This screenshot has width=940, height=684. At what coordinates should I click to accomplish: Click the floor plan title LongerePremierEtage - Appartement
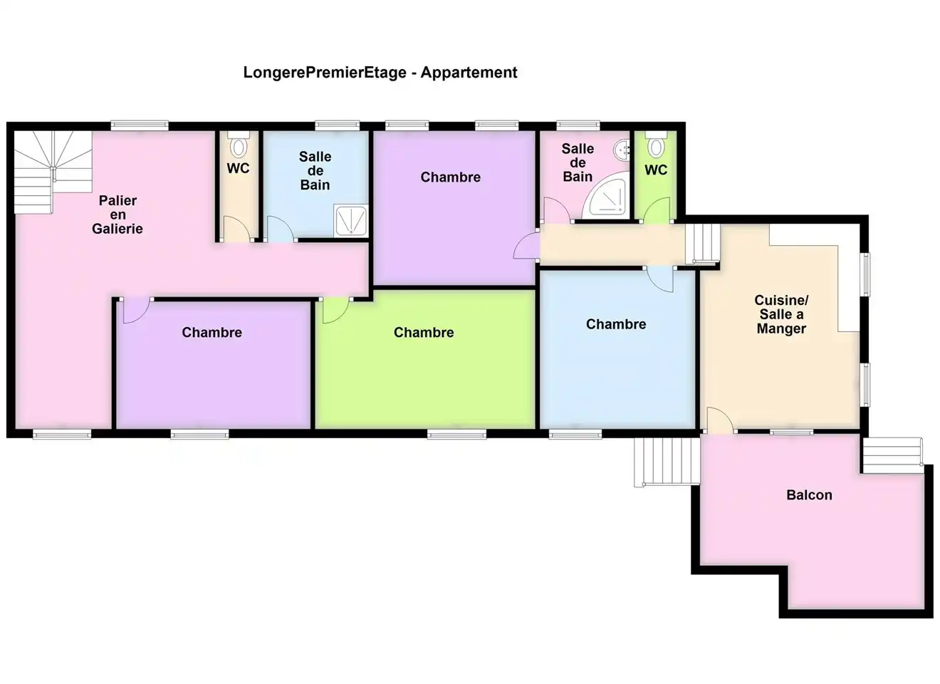pyautogui.click(x=380, y=72)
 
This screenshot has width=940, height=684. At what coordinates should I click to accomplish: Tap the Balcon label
pyautogui.click(x=809, y=495)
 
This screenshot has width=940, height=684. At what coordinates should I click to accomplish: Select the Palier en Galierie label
pyautogui.click(x=117, y=214)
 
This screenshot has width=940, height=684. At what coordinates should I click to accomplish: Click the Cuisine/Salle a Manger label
pyautogui.click(x=781, y=314)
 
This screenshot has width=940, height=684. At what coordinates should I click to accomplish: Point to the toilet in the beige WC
pyautogui.click(x=239, y=144)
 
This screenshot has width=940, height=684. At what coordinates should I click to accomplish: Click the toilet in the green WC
pyautogui.click(x=656, y=144)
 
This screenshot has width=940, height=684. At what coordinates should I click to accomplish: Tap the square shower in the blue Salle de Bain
pyautogui.click(x=351, y=221)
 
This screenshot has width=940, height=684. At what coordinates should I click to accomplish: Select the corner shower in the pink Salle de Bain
pyautogui.click(x=607, y=195)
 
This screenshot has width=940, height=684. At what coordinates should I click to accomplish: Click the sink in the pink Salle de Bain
pyautogui.click(x=622, y=150)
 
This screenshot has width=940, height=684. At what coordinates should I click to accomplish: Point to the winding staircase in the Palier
pyautogui.click(x=53, y=172)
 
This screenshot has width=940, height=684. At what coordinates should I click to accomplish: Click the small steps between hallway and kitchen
pyautogui.click(x=702, y=244)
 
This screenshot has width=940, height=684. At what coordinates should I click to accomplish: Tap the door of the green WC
pyautogui.click(x=656, y=210)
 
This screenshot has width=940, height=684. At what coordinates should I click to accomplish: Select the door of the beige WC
pyautogui.click(x=236, y=229)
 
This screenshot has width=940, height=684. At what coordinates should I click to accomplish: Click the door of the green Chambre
pyautogui.click(x=335, y=311)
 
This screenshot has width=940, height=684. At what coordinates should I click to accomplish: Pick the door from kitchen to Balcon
pyautogui.click(x=720, y=420)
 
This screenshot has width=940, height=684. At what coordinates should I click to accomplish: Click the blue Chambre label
pyautogui.click(x=616, y=324)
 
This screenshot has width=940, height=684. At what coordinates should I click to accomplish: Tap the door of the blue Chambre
pyautogui.click(x=660, y=279)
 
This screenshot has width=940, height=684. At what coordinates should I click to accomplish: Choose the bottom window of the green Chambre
pyautogui.click(x=456, y=434)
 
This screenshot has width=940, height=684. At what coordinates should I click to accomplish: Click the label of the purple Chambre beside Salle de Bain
pyautogui.click(x=450, y=177)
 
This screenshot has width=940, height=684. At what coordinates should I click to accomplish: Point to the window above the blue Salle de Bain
pyautogui.click(x=338, y=125)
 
